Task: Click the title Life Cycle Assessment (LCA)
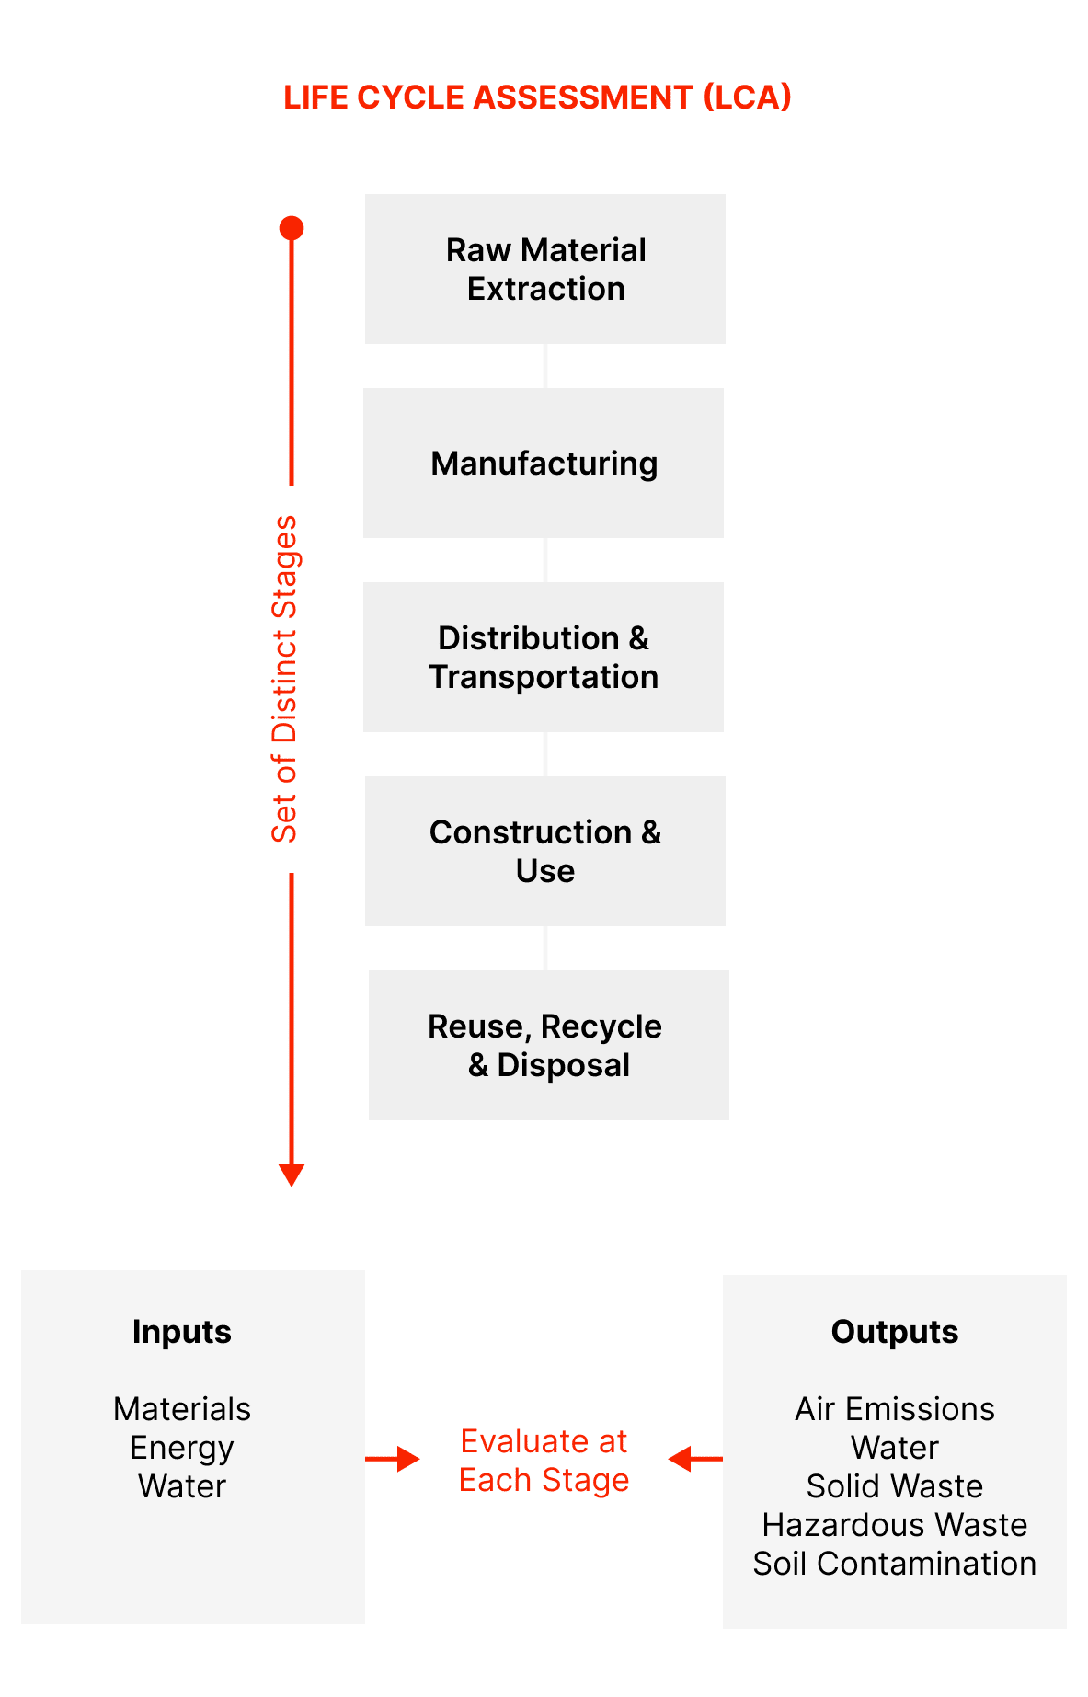tap(537, 97)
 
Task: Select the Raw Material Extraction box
tap(545, 269)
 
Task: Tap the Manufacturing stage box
tap(544, 464)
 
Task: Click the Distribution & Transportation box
tap(544, 658)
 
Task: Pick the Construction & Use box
tap(545, 852)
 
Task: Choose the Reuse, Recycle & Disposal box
tap(548, 1046)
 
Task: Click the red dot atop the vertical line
tap(292, 228)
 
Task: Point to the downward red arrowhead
tap(292, 1175)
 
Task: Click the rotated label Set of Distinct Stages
tap(285, 679)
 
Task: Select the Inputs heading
tap(182, 1332)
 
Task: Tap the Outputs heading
tap(895, 1332)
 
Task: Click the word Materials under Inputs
tap(182, 1409)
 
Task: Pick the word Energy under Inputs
tap(182, 1448)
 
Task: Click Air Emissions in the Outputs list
tap(895, 1409)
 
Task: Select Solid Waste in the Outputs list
tap(895, 1486)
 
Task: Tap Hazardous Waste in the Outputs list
tap(895, 1525)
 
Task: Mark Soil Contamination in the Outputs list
tap(895, 1564)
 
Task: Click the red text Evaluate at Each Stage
tap(544, 1461)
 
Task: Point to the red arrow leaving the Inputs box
tap(393, 1459)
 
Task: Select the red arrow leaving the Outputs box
tap(694, 1459)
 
